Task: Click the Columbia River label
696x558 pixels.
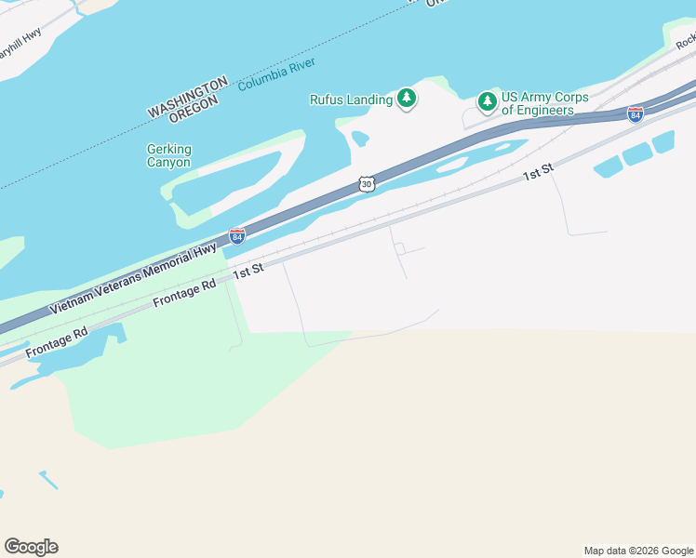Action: click(x=276, y=74)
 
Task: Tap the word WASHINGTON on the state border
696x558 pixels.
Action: click(x=187, y=97)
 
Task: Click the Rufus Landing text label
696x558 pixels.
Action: click(x=351, y=100)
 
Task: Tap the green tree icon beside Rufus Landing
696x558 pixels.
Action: click(x=406, y=99)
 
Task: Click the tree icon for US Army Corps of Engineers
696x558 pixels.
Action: click(x=487, y=100)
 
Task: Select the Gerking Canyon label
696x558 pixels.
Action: click(x=168, y=155)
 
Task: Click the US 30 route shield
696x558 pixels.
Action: click(x=367, y=184)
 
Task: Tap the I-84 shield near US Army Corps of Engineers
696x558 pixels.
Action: click(x=635, y=113)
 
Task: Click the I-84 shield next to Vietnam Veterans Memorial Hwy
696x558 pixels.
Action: click(x=237, y=236)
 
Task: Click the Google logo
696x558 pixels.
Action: click(x=31, y=547)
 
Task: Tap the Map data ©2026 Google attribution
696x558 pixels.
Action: click(x=638, y=551)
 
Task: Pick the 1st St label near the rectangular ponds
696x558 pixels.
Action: click(x=538, y=172)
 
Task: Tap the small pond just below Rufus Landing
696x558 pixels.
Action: click(x=359, y=139)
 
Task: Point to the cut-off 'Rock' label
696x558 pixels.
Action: click(x=686, y=41)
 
